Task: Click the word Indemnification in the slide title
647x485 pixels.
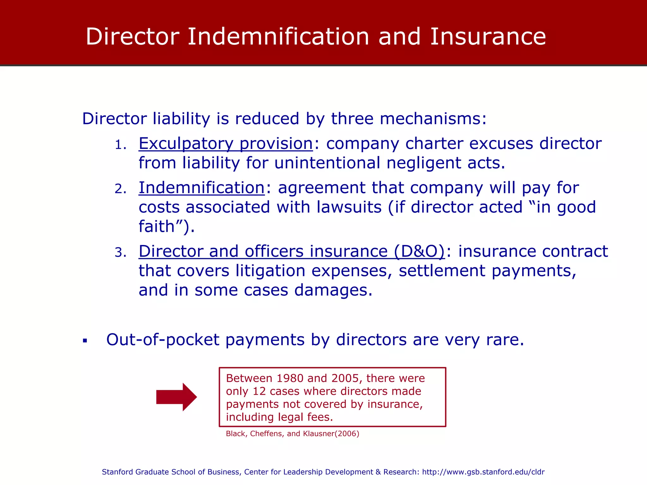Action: (278, 37)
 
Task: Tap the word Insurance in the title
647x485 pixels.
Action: (488, 37)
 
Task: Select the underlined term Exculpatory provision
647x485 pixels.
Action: (226, 144)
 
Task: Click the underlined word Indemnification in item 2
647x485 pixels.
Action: (202, 188)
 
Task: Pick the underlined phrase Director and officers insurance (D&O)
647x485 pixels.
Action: (292, 252)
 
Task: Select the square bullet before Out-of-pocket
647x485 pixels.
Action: (85, 341)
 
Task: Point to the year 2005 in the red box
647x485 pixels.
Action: (345, 378)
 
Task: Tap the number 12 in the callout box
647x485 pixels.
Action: (259, 391)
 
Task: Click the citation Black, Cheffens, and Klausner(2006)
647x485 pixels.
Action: (293, 434)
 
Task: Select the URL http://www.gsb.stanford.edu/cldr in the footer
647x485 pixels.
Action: (483, 472)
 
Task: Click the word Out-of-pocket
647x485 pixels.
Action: (162, 340)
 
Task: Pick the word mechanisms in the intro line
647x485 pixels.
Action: (433, 119)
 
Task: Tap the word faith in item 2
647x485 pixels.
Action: (157, 226)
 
